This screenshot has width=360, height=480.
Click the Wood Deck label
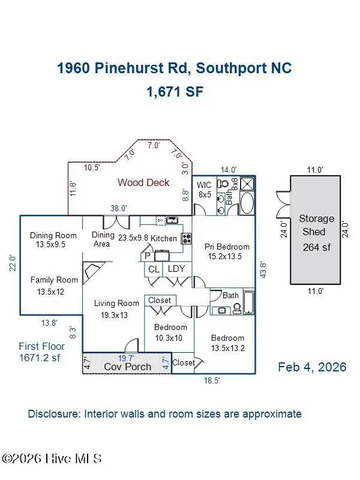coord(143,182)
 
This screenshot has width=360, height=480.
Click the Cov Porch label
coord(127,366)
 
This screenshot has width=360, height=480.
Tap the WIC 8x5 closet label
coord(205,190)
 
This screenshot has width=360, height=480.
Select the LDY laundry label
coord(176,269)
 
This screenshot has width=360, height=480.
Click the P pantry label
coord(148,256)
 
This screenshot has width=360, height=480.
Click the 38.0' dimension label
coord(118,208)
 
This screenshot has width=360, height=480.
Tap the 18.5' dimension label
coord(209,380)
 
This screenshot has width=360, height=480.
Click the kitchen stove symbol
coord(187,238)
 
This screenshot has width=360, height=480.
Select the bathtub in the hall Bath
coord(250,302)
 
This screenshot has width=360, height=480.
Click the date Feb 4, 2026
coord(312,367)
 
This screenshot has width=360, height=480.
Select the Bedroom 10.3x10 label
coord(170,332)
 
